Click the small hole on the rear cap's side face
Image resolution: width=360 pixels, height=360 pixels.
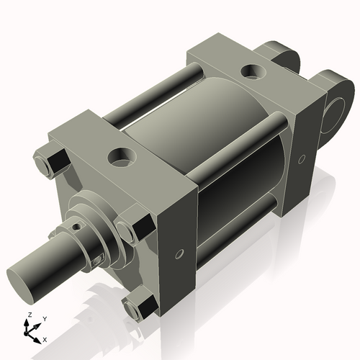302,158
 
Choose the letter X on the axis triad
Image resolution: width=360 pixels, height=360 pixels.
45,338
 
